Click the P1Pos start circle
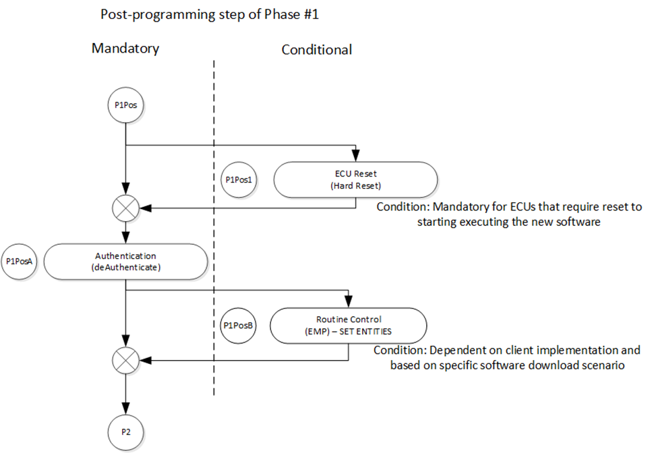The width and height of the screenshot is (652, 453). (125, 105)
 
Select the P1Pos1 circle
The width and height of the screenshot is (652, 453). (239, 179)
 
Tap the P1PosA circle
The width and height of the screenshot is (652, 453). (19, 262)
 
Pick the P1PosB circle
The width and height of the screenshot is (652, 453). (238, 326)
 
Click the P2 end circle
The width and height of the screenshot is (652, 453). (125, 432)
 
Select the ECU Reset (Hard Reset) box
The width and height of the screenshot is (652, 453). (355, 179)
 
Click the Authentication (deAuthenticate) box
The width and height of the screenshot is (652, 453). (125, 262)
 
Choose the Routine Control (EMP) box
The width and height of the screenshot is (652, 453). (349, 326)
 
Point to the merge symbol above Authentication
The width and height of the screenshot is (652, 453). (125, 208)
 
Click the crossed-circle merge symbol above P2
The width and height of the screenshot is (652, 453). (125, 361)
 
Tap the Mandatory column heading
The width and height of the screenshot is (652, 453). (125, 49)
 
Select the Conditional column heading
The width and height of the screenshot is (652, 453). (317, 49)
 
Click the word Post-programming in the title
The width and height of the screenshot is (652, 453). (158, 15)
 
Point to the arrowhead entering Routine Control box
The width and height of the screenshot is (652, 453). (349, 302)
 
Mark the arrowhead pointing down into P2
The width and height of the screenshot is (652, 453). (125, 409)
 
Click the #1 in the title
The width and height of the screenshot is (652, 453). (310, 15)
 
